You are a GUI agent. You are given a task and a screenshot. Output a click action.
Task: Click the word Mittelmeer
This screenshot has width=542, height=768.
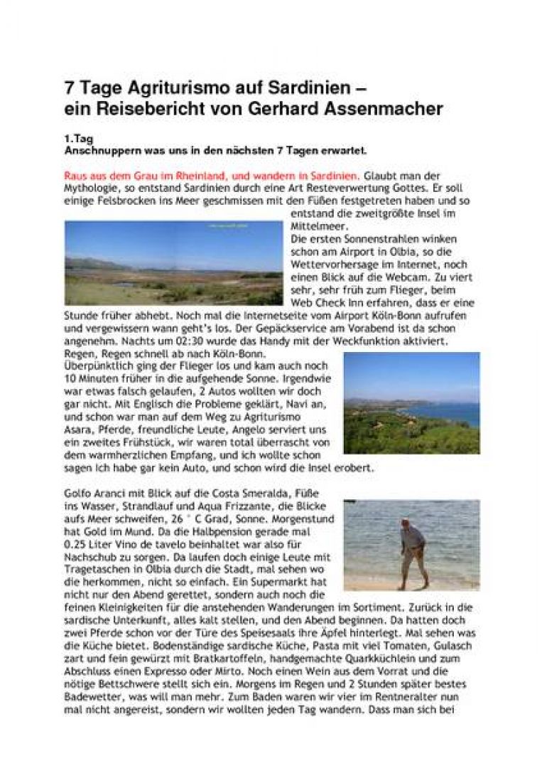pyautogui.click(x=316, y=225)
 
